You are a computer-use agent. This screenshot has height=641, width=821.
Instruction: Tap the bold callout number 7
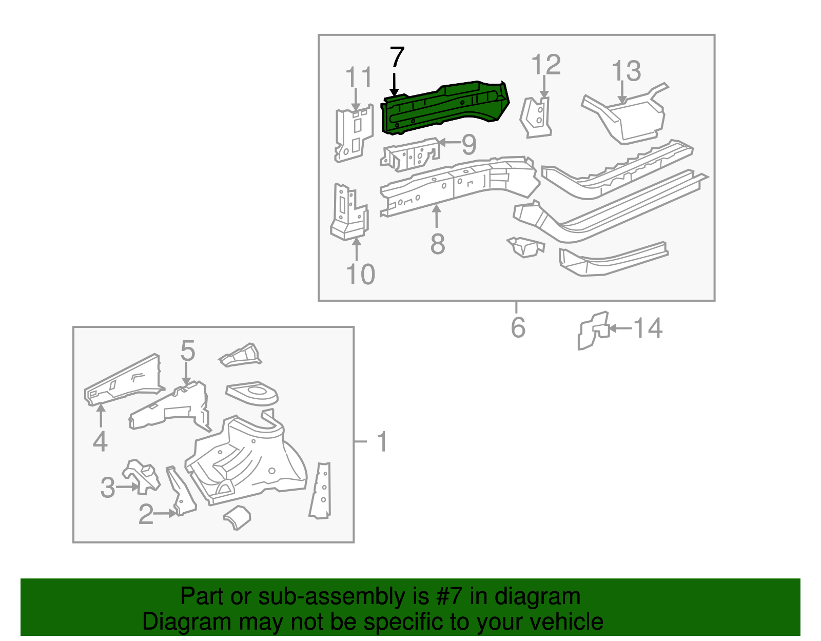coord(397,57)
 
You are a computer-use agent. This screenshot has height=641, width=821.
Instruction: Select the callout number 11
coord(358,77)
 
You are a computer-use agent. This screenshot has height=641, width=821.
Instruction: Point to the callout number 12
coord(546,65)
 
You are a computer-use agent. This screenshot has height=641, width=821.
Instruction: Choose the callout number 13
coord(627,71)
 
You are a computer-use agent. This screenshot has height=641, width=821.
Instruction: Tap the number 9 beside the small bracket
coord(469,145)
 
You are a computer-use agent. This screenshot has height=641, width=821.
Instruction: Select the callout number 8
coord(437,244)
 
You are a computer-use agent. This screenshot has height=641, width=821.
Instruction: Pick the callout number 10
coord(361,275)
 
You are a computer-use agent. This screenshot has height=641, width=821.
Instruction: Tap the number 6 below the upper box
coord(518,327)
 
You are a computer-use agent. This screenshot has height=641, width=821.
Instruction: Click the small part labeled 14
coord(593,331)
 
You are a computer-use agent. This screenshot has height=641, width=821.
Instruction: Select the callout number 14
coord(648,328)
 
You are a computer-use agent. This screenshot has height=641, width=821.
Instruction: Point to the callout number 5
coord(188,351)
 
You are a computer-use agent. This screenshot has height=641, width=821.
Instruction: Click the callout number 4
coord(100,441)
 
